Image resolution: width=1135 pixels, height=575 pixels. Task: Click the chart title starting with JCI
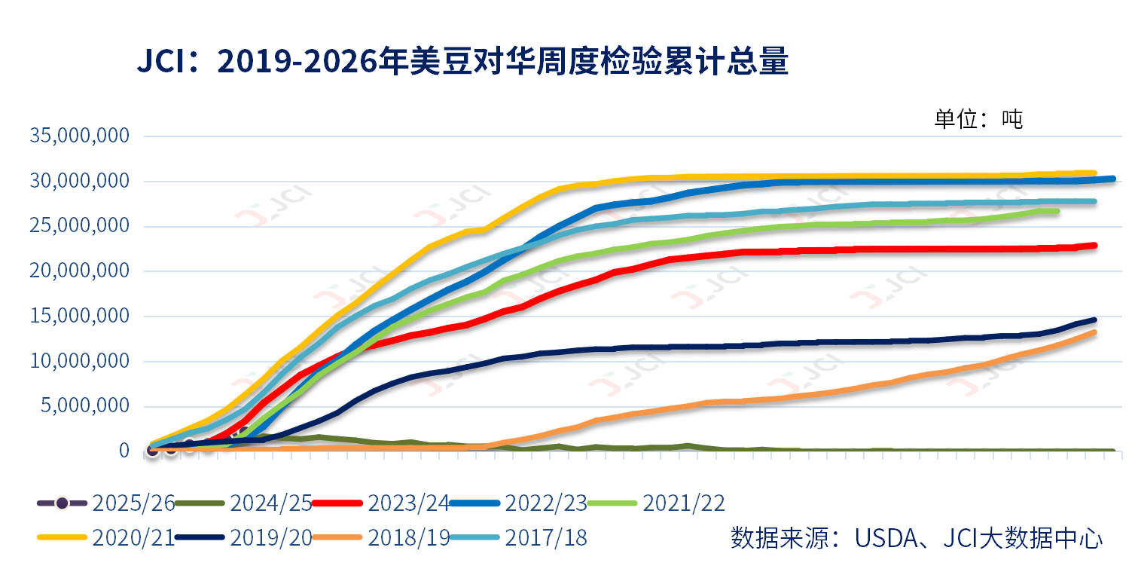click(462, 62)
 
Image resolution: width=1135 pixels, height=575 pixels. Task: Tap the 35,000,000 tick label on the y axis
click(80, 136)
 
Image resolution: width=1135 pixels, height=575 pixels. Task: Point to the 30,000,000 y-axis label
click(80, 181)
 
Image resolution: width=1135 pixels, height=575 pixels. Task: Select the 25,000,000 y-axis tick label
click(80, 226)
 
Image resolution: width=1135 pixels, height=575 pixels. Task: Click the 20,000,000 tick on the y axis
click(80, 271)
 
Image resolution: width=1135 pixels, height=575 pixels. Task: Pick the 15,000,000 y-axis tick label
click(80, 317)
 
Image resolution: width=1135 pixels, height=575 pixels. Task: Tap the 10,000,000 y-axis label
click(80, 362)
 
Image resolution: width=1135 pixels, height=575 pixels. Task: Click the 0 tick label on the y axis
click(124, 451)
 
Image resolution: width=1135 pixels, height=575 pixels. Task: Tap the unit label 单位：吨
click(978, 118)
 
